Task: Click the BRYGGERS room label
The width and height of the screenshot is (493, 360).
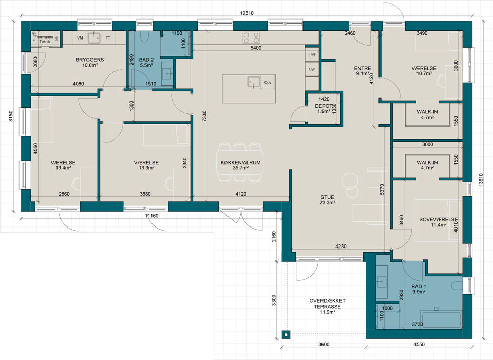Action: (89, 60)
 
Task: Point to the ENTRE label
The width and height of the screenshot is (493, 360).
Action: (363, 68)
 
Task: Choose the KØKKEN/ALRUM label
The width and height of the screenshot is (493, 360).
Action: (240, 163)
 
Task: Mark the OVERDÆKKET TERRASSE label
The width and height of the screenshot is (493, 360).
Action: (327, 304)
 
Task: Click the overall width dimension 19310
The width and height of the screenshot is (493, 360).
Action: (246, 13)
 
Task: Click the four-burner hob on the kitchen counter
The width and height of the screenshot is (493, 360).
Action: (251, 37)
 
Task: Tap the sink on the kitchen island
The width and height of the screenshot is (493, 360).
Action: (254, 81)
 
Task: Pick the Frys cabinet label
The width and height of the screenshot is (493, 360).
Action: (312, 54)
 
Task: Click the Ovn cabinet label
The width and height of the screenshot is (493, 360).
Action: (312, 69)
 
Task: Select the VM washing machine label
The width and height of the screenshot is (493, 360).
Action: (80, 37)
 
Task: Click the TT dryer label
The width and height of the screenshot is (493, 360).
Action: (108, 37)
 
